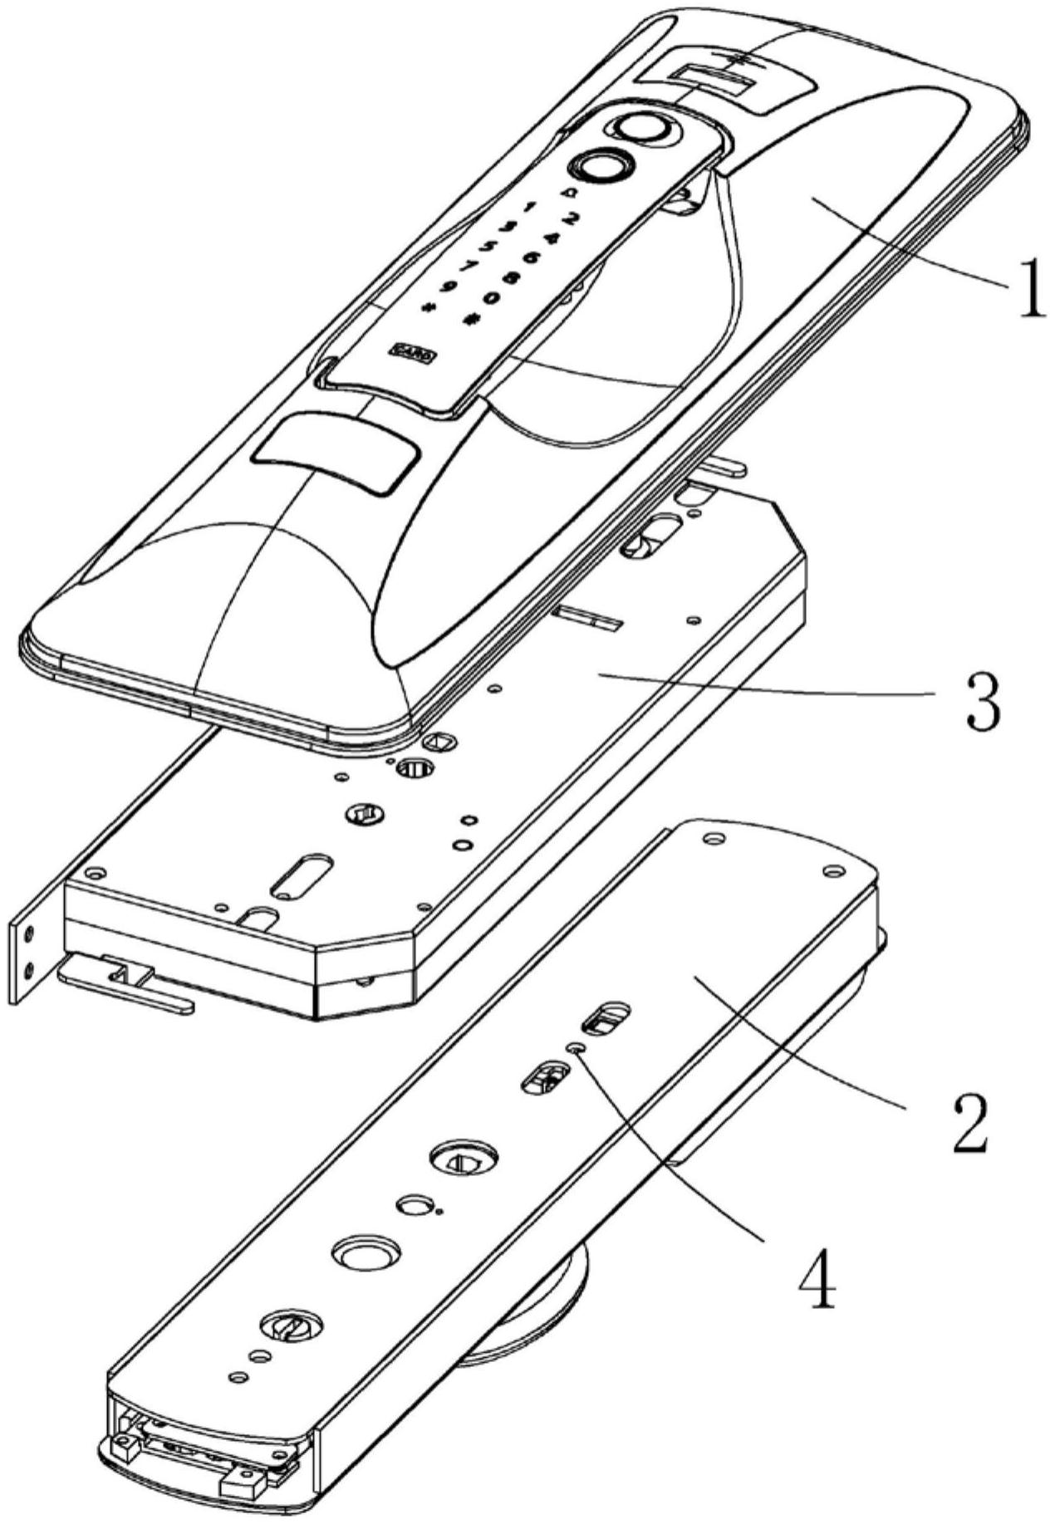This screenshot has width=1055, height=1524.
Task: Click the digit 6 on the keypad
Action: click(532, 257)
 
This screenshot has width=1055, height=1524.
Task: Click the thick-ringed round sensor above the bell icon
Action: click(599, 165)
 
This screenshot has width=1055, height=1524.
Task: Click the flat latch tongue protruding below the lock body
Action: click(125, 984)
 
